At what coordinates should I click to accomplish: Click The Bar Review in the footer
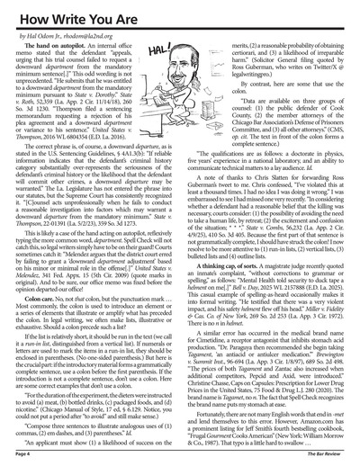click(326, 458)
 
